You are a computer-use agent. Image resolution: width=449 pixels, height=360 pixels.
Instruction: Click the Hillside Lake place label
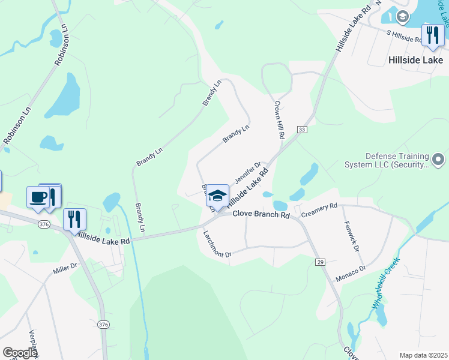[415, 60]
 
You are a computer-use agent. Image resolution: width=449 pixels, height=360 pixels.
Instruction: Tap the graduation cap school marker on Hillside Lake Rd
[217, 196]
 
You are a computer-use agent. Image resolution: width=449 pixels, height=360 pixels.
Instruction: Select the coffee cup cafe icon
[37, 197]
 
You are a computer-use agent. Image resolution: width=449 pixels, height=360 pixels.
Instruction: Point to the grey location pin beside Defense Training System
[438, 160]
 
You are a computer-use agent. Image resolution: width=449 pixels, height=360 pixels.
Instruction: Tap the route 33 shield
[301, 130]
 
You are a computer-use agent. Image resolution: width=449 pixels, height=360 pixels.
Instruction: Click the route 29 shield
[321, 262]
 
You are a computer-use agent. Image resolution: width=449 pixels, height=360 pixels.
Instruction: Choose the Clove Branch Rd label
[261, 214]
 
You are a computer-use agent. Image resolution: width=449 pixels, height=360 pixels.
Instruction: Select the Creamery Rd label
[319, 210]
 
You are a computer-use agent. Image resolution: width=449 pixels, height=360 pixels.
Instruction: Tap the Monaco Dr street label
[351, 271]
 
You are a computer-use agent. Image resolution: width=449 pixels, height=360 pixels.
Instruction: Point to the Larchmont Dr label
[217, 244]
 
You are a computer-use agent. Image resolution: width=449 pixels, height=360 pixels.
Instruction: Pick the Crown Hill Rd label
[279, 119]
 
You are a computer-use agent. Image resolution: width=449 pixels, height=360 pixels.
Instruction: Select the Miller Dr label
[65, 268]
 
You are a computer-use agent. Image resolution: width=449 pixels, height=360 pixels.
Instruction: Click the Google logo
[20, 353]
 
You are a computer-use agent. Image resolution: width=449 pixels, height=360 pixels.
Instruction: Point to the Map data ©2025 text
[423, 355]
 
